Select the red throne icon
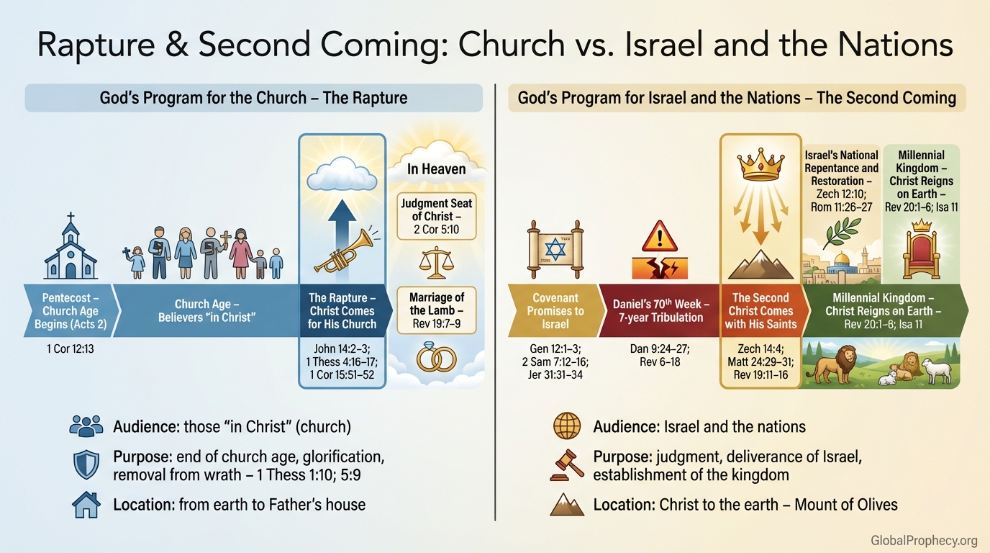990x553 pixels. tap(922, 251)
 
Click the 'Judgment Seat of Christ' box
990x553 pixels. tap(437, 216)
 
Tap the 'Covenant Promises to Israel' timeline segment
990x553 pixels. tap(554, 311)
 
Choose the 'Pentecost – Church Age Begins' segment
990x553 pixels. tap(70, 311)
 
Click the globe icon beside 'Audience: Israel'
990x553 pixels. tap(567, 426)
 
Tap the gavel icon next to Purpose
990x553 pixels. tap(566, 465)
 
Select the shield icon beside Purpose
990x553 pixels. tap(86, 465)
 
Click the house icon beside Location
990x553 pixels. tap(86, 504)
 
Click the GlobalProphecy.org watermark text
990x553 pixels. tap(923, 540)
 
